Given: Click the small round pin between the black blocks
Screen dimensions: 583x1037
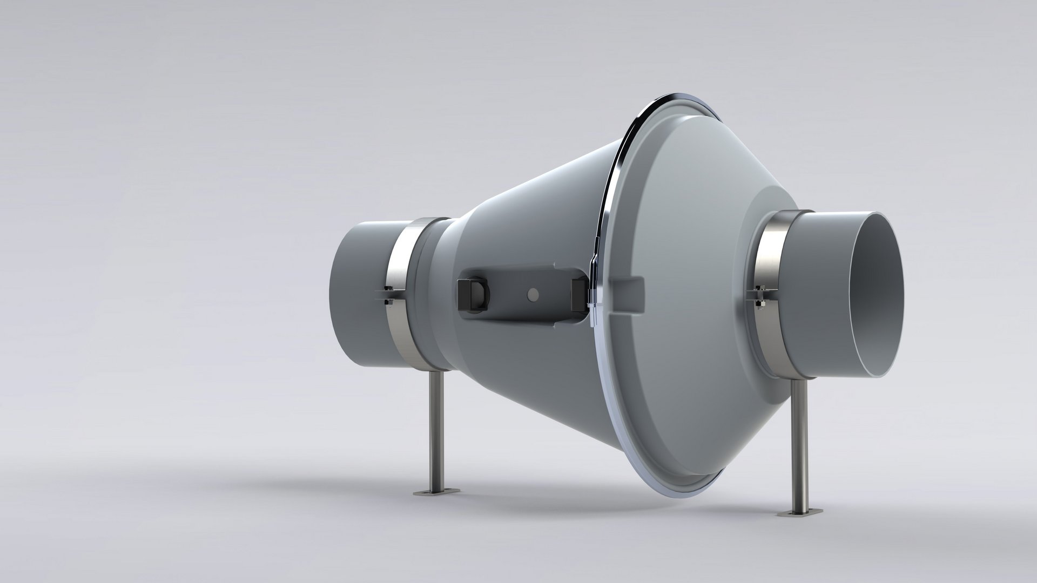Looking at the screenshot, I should pyautogui.click(x=533, y=294).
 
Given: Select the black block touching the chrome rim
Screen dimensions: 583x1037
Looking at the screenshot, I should pyautogui.click(x=578, y=295).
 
